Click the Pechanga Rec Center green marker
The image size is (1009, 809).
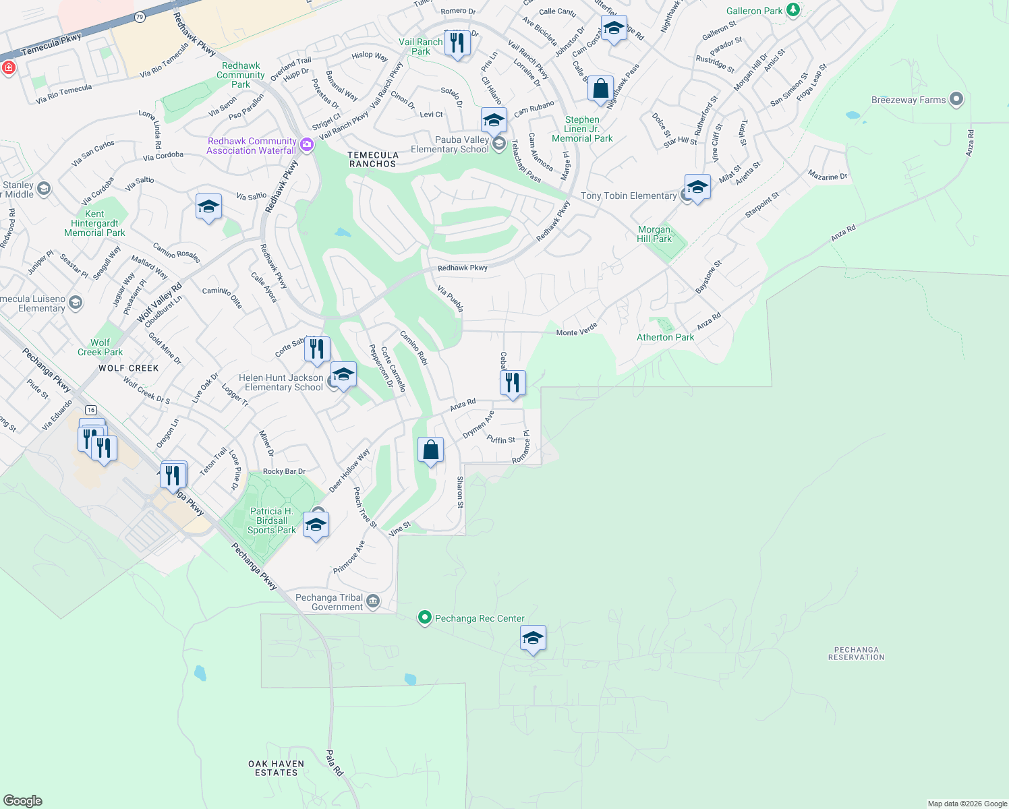(x=424, y=618)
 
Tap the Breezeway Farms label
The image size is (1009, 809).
(x=909, y=100)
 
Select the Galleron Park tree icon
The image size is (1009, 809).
(x=794, y=10)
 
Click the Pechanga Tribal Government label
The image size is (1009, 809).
(x=329, y=602)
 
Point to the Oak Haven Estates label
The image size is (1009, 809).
(x=276, y=768)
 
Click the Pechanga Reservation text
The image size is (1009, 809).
(x=856, y=653)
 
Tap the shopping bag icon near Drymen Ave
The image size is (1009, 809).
(x=430, y=450)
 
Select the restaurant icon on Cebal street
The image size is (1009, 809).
(x=513, y=382)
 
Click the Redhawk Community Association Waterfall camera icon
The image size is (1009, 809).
(x=307, y=145)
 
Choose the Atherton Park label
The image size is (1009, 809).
(x=665, y=337)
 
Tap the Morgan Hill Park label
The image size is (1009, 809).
(x=654, y=234)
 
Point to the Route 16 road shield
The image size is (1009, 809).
(x=91, y=410)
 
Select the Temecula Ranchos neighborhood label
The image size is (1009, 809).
(x=373, y=159)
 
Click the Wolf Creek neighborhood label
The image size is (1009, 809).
(x=129, y=368)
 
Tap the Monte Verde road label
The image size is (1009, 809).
(x=577, y=330)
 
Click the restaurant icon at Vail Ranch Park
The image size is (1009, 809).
(x=457, y=42)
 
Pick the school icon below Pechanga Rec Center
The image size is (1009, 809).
(x=533, y=637)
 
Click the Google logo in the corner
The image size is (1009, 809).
(x=23, y=800)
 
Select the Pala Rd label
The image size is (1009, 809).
(x=335, y=762)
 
